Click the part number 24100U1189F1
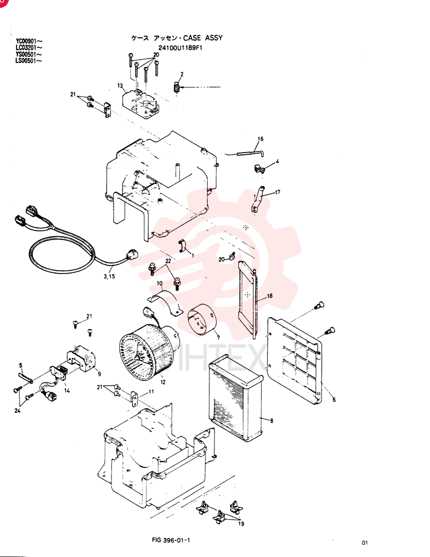(180, 47)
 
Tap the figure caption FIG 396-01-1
(171, 540)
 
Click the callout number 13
(120, 86)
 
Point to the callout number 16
(261, 139)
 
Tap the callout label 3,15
(110, 276)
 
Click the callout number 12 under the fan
(163, 382)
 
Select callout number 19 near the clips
(241, 524)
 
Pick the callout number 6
(334, 399)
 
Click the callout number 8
(271, 421)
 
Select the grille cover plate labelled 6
(295, 360)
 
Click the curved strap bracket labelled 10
(165, 302)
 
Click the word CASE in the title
(192, 38)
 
